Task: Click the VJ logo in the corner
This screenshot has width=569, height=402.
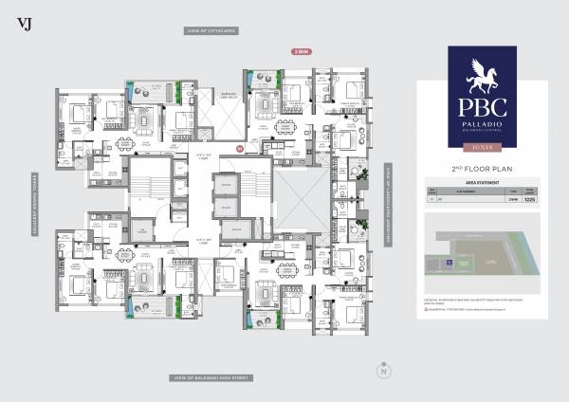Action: tap(24, 23)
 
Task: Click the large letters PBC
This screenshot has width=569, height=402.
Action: tap(482, 106)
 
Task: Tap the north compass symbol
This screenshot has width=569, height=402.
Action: tap(383, 371)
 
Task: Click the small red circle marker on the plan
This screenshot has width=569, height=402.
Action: tap(240, 150)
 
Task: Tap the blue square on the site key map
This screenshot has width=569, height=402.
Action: tap(442, 252)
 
